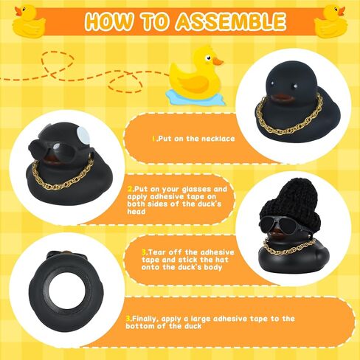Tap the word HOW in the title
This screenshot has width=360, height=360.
[110, 21]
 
